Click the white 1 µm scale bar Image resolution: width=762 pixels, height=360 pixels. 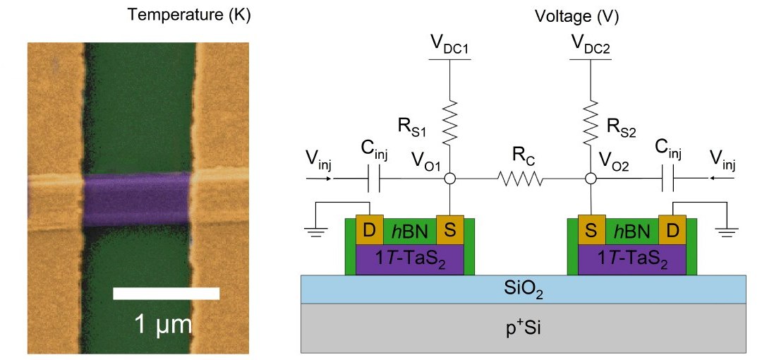click(166, 293)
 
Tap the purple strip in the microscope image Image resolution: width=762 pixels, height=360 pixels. click(137, 200)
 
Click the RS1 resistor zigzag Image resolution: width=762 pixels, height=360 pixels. click(449, 120)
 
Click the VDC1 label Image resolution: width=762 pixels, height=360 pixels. click(449, 47)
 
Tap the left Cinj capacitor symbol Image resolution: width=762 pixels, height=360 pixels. click(374, 180)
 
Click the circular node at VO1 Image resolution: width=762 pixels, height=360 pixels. click(449, 180)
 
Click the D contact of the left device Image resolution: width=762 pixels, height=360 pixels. click(369, 230)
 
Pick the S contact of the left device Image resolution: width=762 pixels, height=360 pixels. click(449, 230)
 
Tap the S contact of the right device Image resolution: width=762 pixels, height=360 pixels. click(590, 230)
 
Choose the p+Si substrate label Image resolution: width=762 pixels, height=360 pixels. click(523, 327)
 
